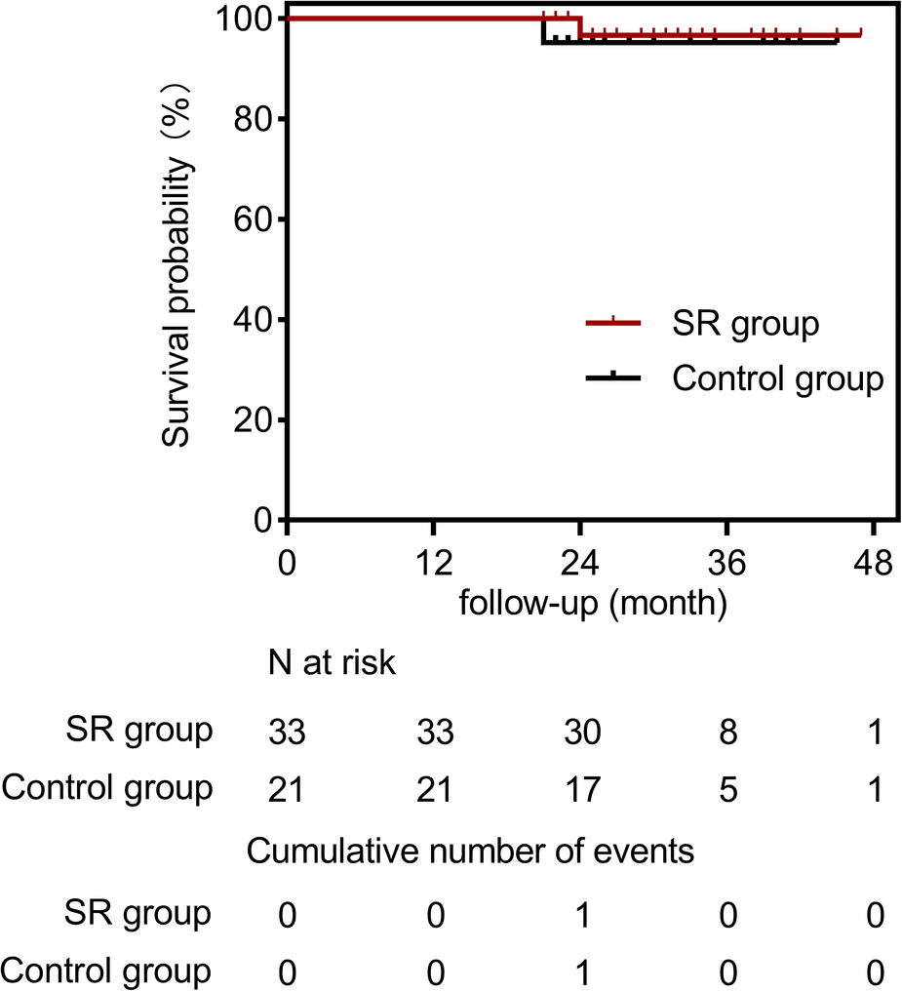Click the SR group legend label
pyautogui.click(x=745, y=324)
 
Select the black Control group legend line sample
pyautogui.click(x=612, y=377)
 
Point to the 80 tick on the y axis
pyautogui.click(x=281, y=119)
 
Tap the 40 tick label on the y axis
pyautogui.click(x=249, y=320)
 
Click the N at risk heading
pyautogui.click(x=332, y=664)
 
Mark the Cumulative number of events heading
pyautogui.click(x=471, y=851)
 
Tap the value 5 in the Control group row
pyautogui.click(x=726, y=788)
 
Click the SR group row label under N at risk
pyautogui.click(x=138, y=730)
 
